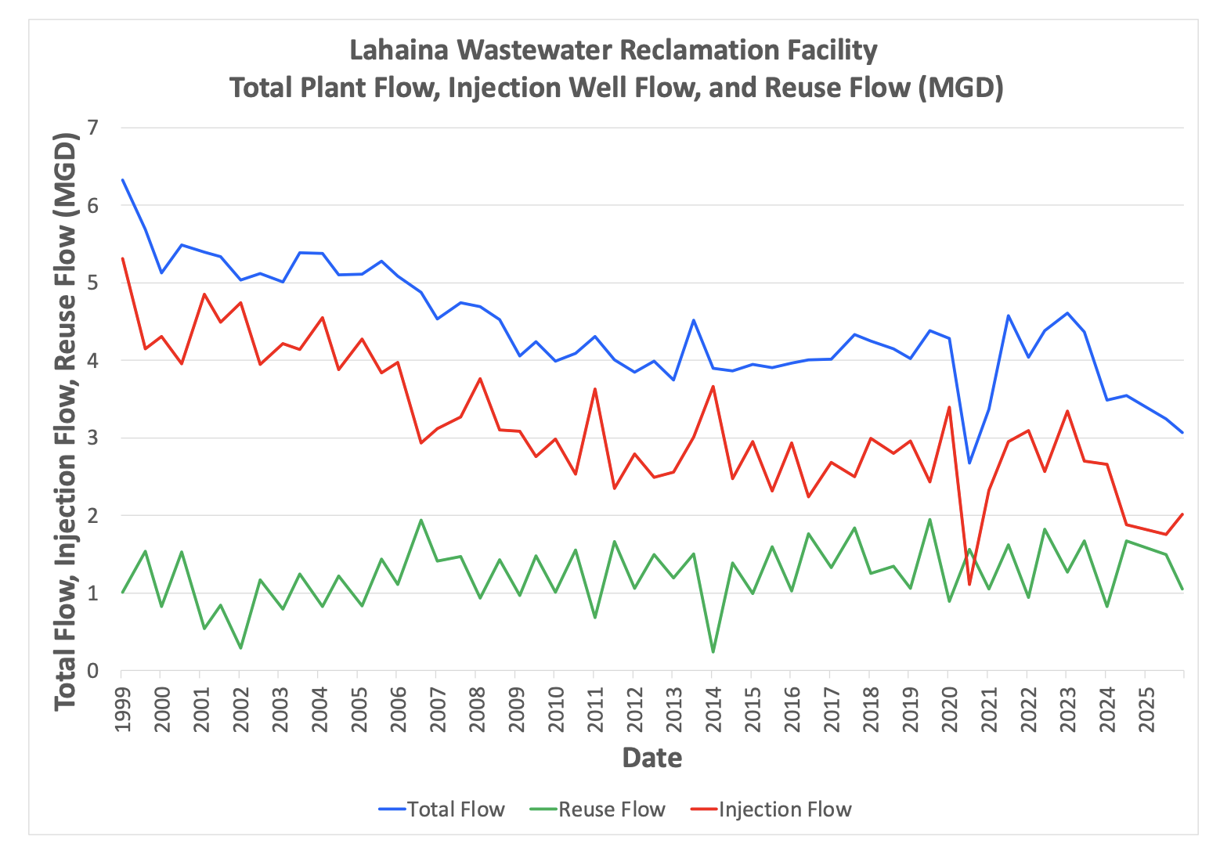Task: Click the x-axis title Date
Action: (x=652, y=758)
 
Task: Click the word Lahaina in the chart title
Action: (x=399, y=50)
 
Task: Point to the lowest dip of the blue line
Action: (x=969, y=463)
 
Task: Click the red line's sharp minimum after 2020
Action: (x=969, y=584)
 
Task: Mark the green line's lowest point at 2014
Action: (x=713, y=651)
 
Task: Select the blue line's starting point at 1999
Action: (x=123, y=180)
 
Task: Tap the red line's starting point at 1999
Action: (x=123, y=258)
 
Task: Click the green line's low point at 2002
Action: (x=240, y=648)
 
